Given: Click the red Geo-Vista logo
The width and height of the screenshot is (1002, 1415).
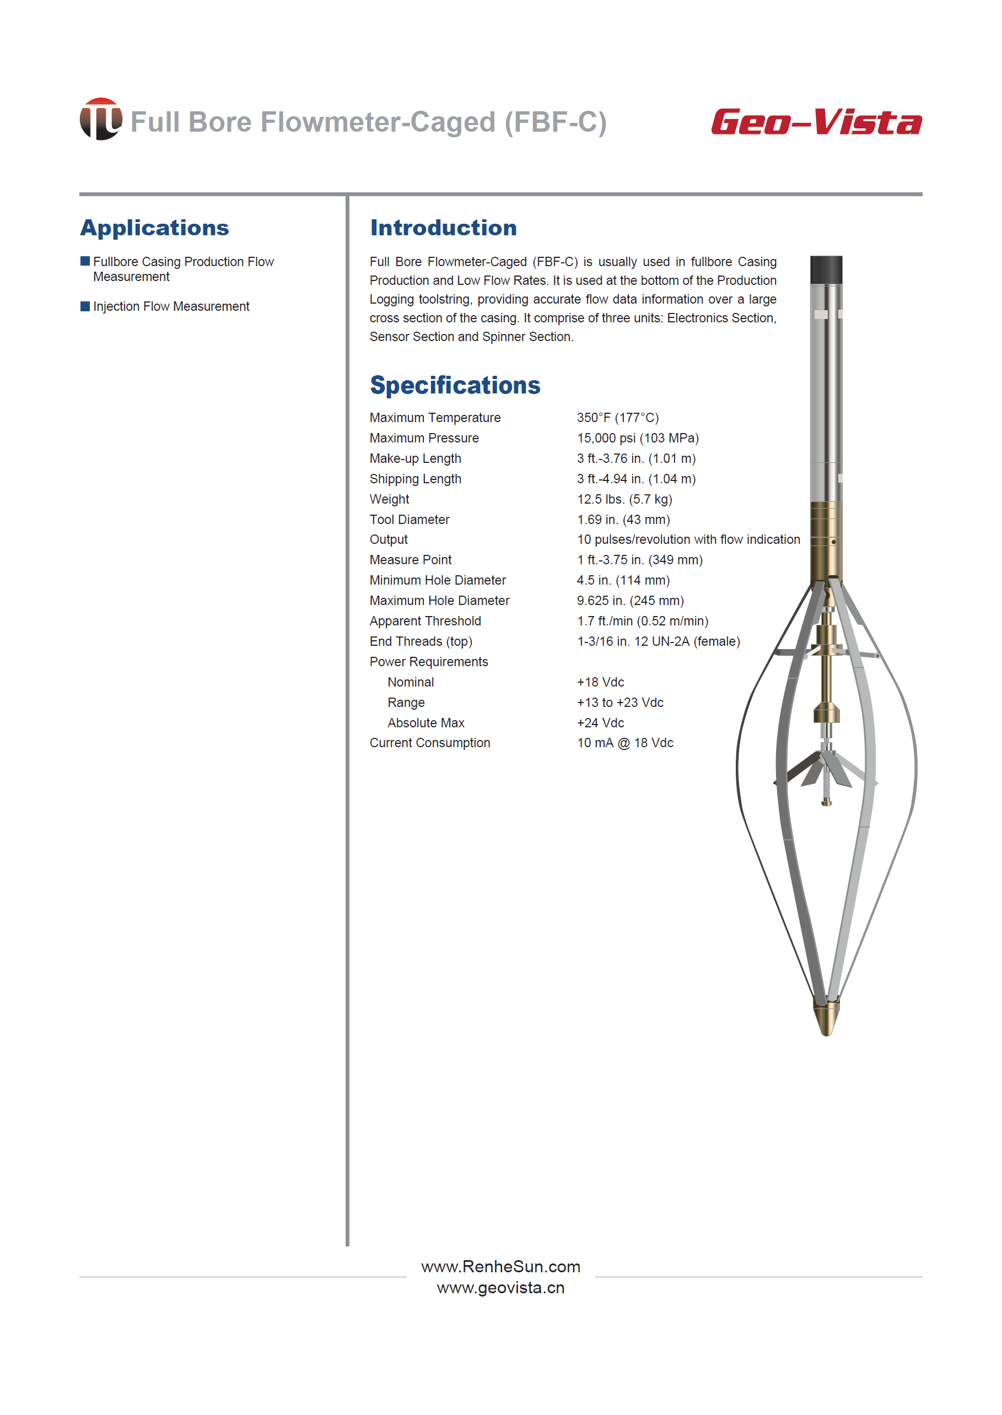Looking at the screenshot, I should coord(816,122).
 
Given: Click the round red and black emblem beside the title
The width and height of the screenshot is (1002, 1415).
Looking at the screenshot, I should coord(100,119).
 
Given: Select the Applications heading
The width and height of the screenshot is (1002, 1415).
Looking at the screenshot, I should coord(154,228).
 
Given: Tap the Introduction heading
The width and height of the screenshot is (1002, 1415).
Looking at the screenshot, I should coord(443,228).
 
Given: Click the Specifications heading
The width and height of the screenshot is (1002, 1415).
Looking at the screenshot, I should coord(455,385).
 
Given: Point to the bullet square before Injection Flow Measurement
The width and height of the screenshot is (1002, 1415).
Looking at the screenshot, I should coord(85,306).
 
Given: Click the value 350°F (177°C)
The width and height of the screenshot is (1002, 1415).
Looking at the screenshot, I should coord(618,418).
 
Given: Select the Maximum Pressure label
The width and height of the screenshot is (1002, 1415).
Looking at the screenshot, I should coord(424,438).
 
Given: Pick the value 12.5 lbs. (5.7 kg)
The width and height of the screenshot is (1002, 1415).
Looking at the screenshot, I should coord(624,499).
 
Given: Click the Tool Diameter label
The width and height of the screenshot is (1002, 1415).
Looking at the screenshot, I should coord(409,520).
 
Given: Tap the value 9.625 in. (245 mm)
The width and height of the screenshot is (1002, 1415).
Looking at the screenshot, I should coord(630,600).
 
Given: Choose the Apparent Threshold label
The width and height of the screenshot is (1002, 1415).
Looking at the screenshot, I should coord(425,620).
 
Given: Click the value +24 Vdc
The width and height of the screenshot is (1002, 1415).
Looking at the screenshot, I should coord(600,722).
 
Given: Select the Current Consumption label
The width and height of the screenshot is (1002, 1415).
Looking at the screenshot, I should coord(429,743).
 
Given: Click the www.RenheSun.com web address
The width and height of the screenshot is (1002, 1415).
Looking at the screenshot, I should coord(500,1266).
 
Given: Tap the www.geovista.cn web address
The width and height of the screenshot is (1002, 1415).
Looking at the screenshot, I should coord(500,1287).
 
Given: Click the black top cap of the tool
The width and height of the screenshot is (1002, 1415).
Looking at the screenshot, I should coord(826,269).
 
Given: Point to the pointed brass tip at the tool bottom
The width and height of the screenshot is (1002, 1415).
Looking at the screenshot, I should coord(826,1018).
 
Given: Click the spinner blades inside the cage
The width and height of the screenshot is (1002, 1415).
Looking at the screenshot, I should coord(826,768).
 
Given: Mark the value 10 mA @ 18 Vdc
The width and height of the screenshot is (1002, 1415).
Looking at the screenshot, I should coord(625,743).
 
